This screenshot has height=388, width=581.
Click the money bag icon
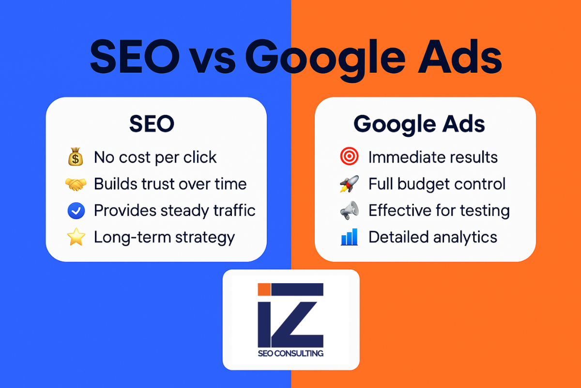coord(76,158)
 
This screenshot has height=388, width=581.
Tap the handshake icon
coord(76,184)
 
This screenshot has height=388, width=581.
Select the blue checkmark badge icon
coord(76,210)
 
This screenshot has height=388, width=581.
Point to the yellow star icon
coord(76,237)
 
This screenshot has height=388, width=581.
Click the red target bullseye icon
coord(349,158)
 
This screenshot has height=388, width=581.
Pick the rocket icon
coord(349,184)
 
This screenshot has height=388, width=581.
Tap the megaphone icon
coord(349,210)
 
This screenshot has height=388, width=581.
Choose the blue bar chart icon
coord(349,237)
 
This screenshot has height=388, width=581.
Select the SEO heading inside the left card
coord(152,124)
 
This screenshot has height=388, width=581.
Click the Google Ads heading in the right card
coord(419,124)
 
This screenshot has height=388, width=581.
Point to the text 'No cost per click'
coord(155,158)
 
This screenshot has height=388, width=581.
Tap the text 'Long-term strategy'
coord(164,237)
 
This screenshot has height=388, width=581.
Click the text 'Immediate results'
coord(433,158)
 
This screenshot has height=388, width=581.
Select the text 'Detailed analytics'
coord(433,237)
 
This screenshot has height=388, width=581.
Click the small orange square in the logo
coord(264,289)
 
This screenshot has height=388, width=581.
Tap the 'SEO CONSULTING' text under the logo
coord(290,353)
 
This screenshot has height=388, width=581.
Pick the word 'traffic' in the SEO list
coord(235,210)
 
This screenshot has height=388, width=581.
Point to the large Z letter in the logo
coord(300,315)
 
